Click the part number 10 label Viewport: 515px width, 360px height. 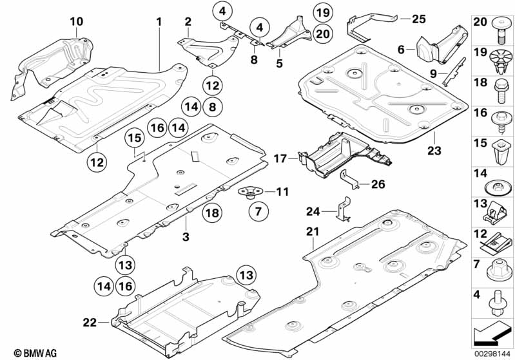[77, 22]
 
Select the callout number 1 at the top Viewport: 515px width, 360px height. [159, 22]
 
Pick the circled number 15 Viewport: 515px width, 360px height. [133, 137]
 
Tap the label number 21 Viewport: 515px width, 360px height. [313, 232]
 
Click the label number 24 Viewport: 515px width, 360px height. [313, 211]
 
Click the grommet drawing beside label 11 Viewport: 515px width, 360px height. [249, 192]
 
